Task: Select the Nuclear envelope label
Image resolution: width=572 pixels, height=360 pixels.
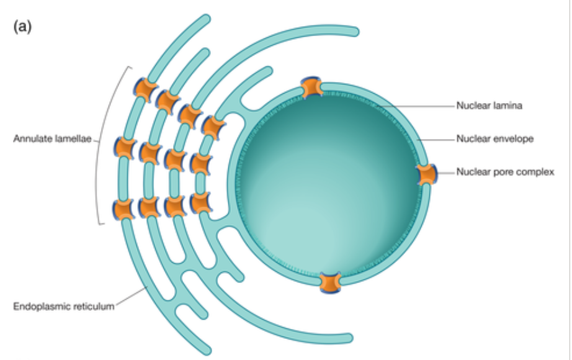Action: [495, 139]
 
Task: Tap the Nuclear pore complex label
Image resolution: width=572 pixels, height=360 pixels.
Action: [505, 172]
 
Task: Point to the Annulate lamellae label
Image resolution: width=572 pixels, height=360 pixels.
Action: [53, 139]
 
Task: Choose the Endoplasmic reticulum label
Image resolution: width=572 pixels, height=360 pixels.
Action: [64, 305]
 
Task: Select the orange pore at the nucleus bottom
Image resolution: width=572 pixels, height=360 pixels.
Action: [330, 282]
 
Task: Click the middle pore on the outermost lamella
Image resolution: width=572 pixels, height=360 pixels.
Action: [125, 148]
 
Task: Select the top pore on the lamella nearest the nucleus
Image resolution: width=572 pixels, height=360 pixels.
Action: [213, 126]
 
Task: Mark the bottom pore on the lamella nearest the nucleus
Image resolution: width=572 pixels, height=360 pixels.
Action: [201, 202]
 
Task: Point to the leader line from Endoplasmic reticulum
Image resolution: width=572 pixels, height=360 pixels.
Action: [130, 298]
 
